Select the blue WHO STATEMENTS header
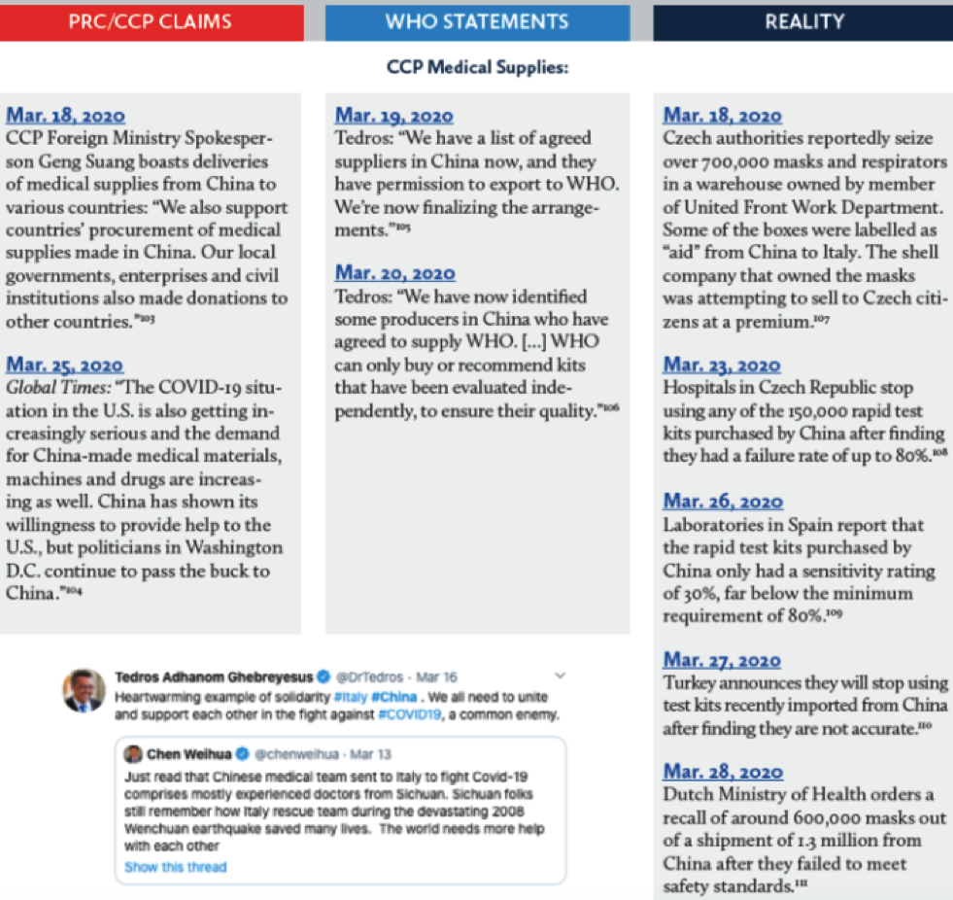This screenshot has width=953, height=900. [476, 21]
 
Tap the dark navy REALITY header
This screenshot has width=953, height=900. [803, 21]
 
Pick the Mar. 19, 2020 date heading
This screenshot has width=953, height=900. [393, 117]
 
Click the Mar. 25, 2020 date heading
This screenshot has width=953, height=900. [65, 365]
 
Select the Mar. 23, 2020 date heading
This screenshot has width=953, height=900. [722, 365]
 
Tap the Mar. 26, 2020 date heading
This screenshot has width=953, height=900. [723, 502]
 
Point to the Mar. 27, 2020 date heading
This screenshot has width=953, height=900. [722, 661]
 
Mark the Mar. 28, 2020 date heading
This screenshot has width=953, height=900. [723, 772]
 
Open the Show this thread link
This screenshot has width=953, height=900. [175, 867]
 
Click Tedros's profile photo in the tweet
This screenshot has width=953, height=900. [85, 690]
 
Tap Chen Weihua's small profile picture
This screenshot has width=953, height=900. [133, 754]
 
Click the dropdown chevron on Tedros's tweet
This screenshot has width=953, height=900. [560, 675]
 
